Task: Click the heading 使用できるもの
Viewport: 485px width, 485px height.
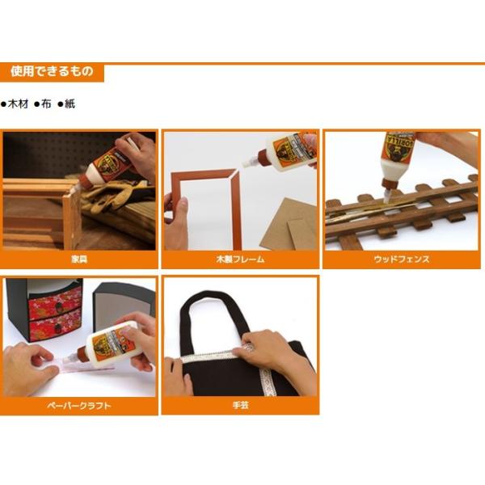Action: [x=53, y=72]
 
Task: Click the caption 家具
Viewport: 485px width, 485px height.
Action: [x=79, y=259]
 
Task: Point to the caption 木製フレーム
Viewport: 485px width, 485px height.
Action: [x=240, y=259]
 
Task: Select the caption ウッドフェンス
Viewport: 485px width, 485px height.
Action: [x=401, y=259]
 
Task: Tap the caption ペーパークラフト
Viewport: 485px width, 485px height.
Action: [x=79, y=406]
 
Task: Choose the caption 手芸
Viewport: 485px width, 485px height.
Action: [x=240, y=406]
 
